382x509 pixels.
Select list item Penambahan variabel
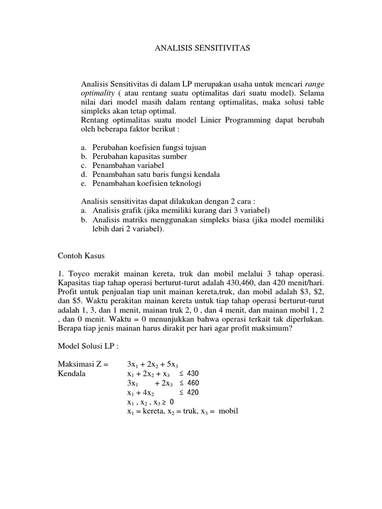tap(128, 166)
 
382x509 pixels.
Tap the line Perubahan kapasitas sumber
tap(139, 157)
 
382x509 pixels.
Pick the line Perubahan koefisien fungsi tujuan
tap(149, 148)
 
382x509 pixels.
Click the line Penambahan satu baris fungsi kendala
tap(156, 174)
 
